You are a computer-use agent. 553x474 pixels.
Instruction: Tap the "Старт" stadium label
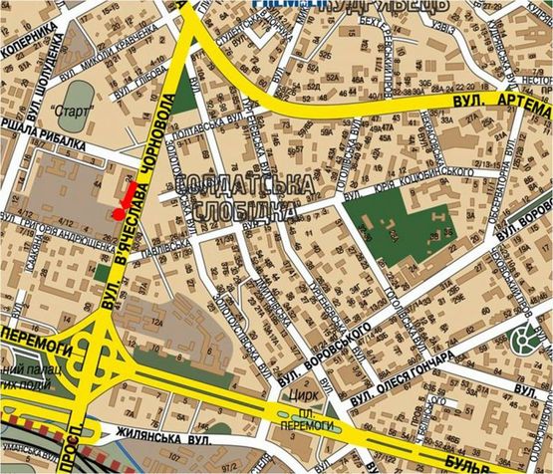(69, 112)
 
